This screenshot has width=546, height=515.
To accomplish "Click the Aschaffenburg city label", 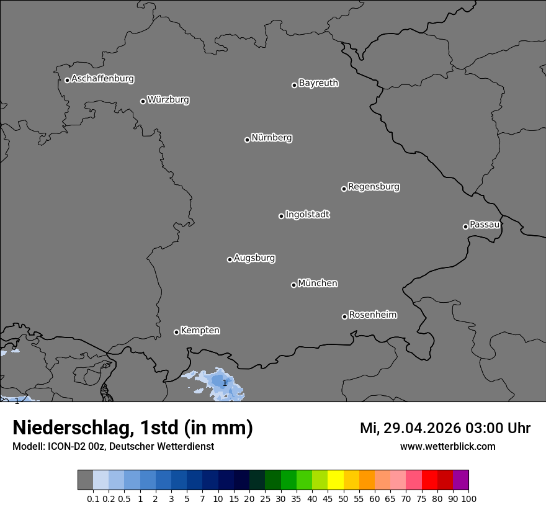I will point(102,79).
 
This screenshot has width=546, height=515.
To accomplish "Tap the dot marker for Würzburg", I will point(143,101).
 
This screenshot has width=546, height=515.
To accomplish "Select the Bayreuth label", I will point(318,83).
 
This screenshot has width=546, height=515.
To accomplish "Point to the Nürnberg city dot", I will point(247,140).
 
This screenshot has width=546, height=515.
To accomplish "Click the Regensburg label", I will point(374,187).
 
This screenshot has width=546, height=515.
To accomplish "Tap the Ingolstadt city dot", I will point(281,216).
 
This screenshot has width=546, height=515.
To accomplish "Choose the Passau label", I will point(485,225).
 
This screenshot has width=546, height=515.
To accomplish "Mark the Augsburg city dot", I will point(230,259).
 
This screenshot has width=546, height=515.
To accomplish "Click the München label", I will point(318,284).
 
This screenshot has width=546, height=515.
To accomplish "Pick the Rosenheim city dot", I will point(344,317).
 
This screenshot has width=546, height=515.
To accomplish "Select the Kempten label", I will point(200,331).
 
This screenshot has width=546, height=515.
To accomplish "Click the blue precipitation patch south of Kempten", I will point(221,383).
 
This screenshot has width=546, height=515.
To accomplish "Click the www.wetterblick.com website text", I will point(447,446).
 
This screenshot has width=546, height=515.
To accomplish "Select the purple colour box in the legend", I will point(460,480).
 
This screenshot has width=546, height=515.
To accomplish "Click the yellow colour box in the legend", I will point(335,480).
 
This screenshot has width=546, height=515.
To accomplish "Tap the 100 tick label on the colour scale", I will point(468,499).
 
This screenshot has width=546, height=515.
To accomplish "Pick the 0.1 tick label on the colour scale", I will point(93,499).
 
